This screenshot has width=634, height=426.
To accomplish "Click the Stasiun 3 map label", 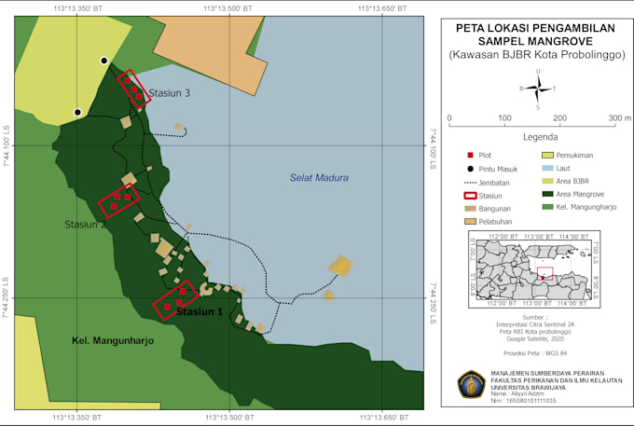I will coord(170,93).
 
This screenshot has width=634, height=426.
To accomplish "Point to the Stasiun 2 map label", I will coord(85,225).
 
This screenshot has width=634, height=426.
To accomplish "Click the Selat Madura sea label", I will coord(318,178).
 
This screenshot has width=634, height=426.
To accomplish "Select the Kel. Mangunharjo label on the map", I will coord(112,341).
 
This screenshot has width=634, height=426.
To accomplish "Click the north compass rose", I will coord(538,89).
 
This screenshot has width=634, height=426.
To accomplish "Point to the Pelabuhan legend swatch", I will coord(471,222).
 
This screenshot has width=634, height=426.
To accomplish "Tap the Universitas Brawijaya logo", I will coord(471,384).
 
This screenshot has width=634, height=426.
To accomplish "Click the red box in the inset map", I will coord(545,273).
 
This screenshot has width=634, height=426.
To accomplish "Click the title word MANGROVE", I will coord(562,42).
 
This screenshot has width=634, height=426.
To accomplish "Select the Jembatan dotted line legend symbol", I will coord(471,182).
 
